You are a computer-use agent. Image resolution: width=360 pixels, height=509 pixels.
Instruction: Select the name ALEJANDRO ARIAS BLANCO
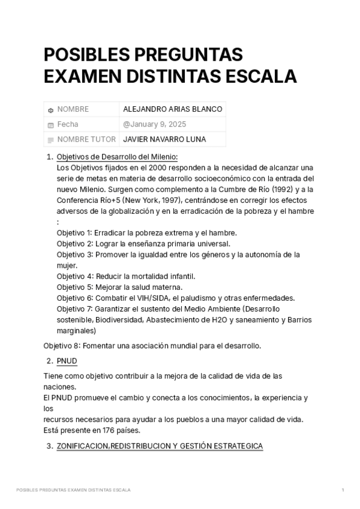click(172, 109)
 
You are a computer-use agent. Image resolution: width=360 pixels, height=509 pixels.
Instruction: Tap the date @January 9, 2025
click(154, 124)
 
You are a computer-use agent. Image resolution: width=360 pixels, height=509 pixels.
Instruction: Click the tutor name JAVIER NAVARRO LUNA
click(164, 139)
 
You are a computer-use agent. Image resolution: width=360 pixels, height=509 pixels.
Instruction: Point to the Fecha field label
click(67, 124)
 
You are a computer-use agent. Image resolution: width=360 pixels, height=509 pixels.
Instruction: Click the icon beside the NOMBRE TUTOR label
click(50, 140)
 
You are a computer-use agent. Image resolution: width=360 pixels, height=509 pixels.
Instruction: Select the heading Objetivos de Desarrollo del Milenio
click(117, 157)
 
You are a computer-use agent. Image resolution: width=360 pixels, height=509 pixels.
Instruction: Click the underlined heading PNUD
click(67, 361)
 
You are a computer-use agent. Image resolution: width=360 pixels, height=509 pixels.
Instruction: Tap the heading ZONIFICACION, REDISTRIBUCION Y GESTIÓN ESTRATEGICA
click(160, 447)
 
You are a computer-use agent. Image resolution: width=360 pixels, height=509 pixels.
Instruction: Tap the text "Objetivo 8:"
click(62, 346)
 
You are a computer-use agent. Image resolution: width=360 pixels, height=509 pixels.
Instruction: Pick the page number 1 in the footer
click(343, 490)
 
